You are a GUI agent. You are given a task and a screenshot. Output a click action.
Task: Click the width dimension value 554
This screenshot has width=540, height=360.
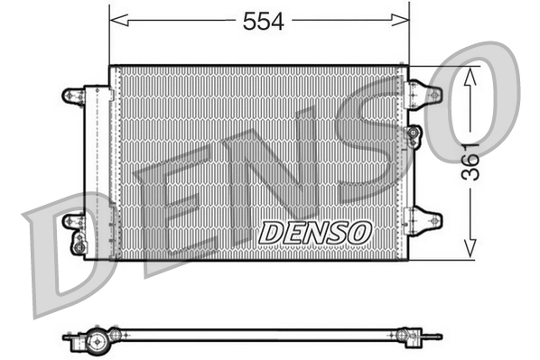[262, 23]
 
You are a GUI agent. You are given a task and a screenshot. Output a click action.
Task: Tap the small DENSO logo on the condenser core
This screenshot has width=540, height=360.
[314, 232]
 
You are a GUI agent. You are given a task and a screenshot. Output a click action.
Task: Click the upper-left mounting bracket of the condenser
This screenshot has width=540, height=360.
[72, 94]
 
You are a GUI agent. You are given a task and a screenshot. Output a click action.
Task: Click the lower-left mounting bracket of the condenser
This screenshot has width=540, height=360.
[72, 221]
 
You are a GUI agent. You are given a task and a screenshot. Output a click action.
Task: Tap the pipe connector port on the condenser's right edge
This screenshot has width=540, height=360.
[414, 136]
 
